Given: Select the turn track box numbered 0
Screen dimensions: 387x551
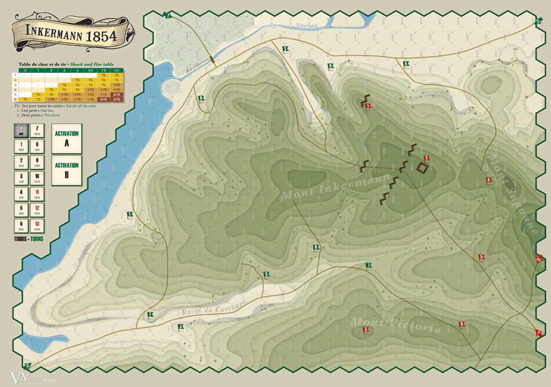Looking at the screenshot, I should pos(20,131).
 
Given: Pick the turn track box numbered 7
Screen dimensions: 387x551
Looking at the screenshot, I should pos(37,131).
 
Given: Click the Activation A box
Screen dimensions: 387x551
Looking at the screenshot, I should pos(66,138).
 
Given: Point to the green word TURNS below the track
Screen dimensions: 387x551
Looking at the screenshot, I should pos(36,239).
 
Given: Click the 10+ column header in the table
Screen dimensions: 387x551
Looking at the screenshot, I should pos(116,71).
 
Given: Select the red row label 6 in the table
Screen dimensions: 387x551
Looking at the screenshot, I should pos(15,99).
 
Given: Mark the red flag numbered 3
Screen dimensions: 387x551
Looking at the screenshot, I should pos(366,330).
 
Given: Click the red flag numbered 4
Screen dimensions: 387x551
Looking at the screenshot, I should pos(489,180).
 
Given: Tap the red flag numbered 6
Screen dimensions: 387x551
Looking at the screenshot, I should pos(482,257).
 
